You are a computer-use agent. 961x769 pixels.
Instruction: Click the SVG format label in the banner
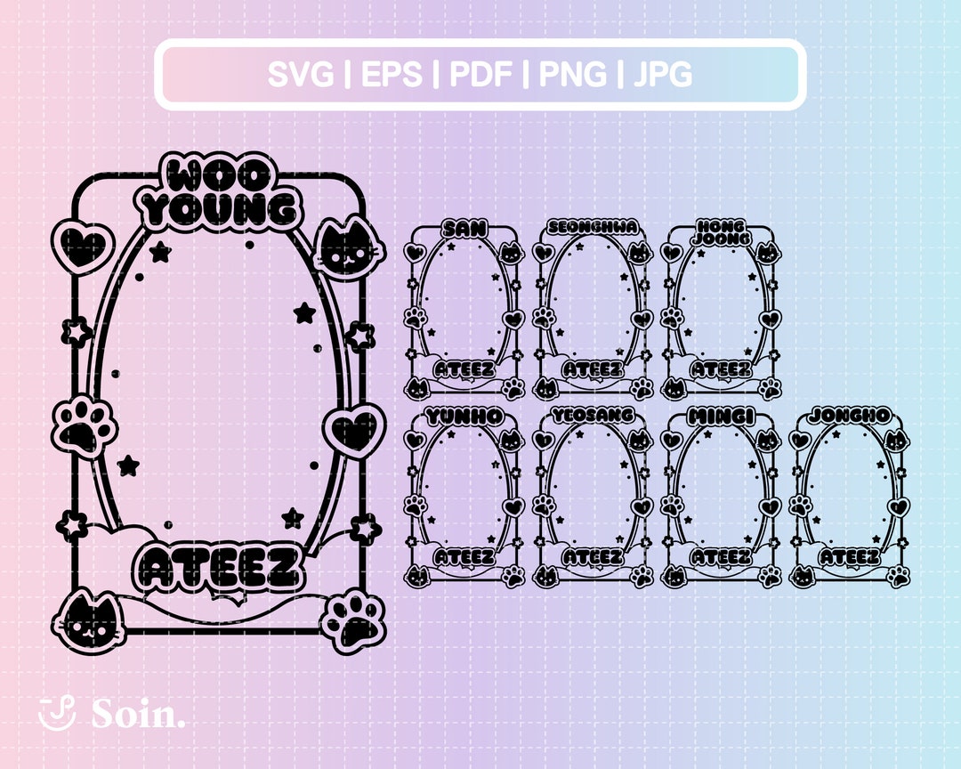click(301, 74)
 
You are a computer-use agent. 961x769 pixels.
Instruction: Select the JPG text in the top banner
click(663, 74)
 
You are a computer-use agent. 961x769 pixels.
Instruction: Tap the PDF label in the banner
click(481, 74)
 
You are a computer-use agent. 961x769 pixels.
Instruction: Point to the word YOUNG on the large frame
click(221, 210)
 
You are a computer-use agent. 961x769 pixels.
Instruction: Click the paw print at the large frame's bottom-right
click(353, 620)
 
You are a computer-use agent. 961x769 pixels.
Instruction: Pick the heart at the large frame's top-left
click(83, 244)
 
